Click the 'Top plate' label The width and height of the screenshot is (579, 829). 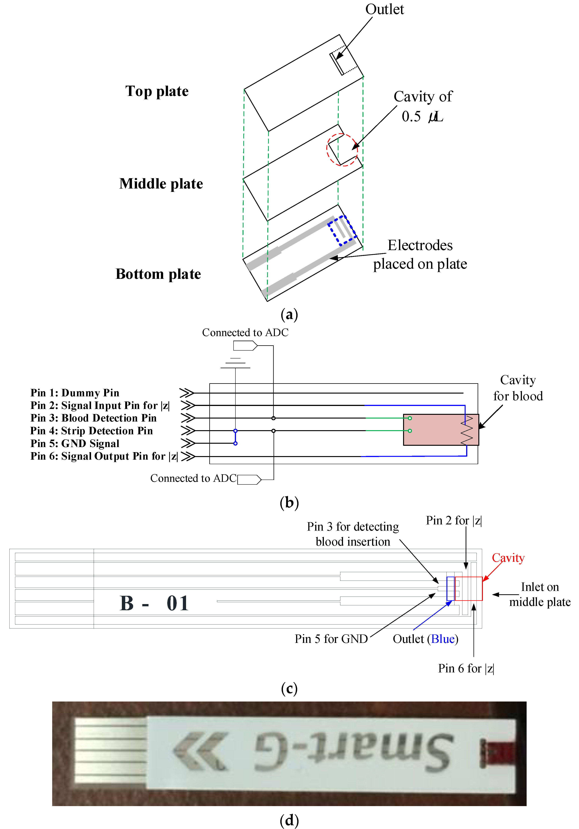157,91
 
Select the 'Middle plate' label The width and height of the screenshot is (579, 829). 161,184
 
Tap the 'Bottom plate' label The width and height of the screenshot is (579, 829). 158,274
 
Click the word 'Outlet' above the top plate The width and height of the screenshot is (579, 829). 384,9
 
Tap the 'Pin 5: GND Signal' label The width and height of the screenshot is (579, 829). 75,443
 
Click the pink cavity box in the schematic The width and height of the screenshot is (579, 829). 433,430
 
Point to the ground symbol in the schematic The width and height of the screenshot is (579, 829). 235,363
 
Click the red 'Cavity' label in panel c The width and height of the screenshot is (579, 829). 508,558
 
